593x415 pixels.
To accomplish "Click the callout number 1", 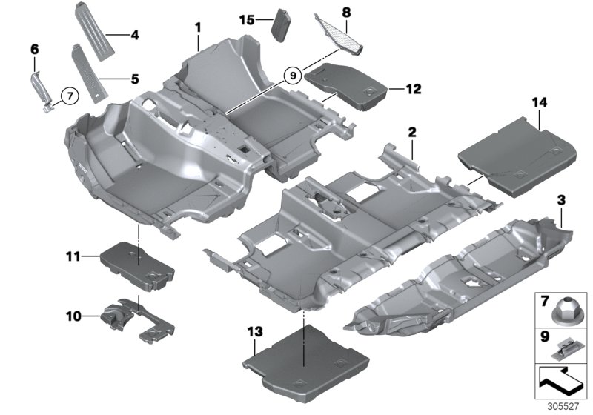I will [198, 27].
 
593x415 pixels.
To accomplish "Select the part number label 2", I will [411, 132].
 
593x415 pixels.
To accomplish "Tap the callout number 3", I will [561, 199].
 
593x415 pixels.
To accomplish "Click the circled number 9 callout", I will [293, 74].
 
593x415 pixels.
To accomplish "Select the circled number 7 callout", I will [68, 96].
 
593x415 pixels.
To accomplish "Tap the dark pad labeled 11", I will [139, 262].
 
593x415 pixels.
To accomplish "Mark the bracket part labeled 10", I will [137, 316].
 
